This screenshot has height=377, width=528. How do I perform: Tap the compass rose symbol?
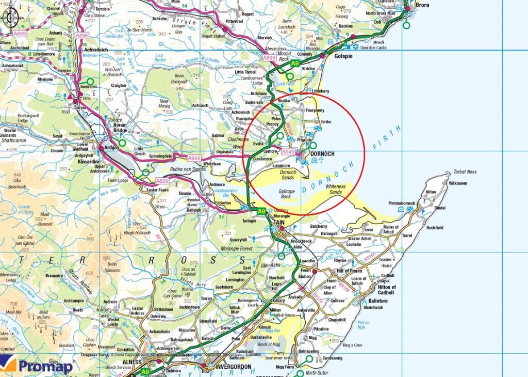(10, 18)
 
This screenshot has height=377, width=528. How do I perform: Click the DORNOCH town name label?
(323, 153)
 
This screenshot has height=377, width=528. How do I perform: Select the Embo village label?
(326, 122)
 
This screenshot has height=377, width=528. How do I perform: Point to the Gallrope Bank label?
(286, 194)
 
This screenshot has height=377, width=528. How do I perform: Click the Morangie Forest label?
(241, 248)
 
